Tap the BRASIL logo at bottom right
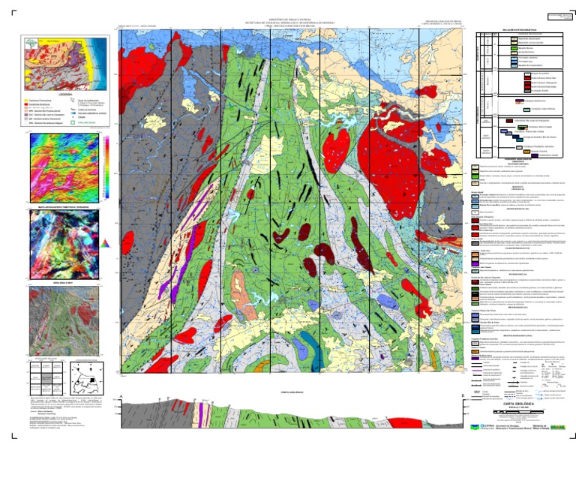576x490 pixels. (559, 427)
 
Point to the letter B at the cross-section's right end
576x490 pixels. (463, 395)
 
